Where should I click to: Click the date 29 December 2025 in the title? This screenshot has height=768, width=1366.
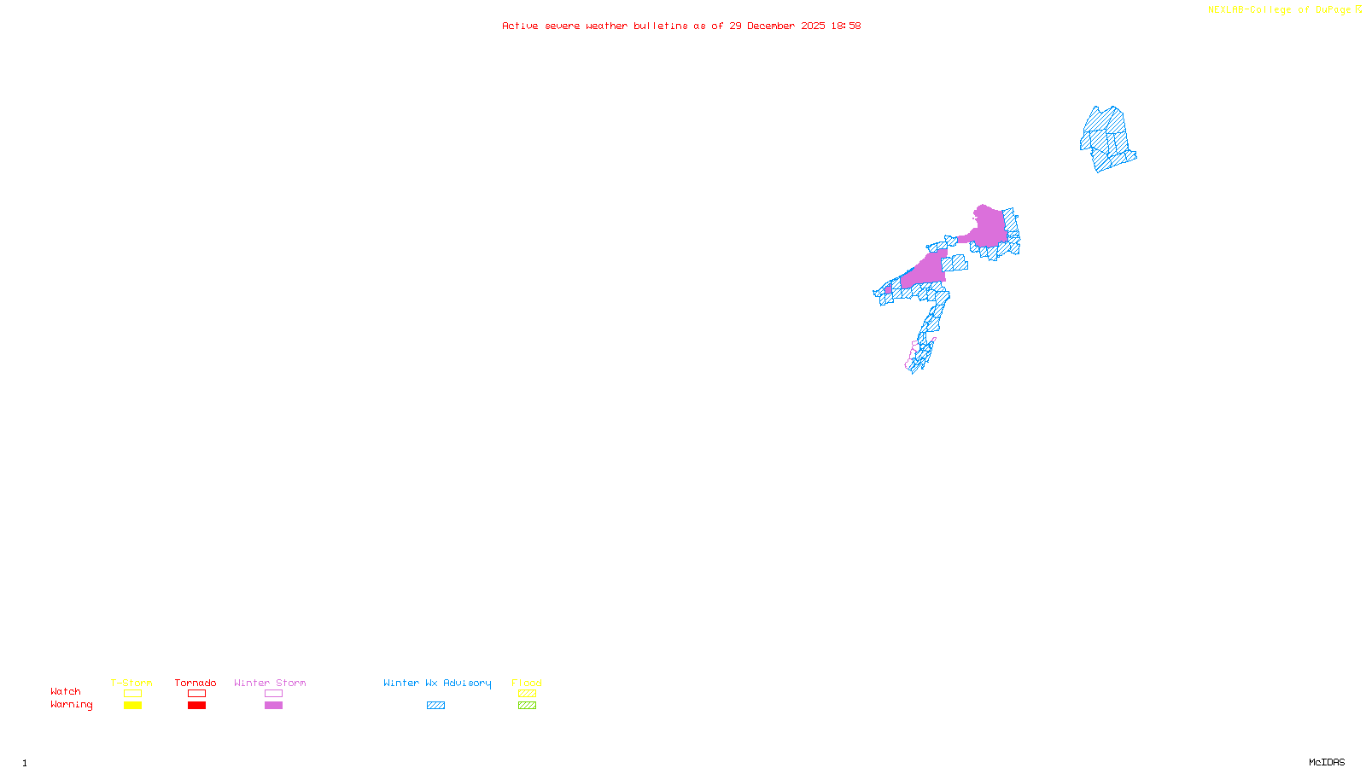coord(777,26)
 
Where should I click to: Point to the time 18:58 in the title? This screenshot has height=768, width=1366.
coord(846,26)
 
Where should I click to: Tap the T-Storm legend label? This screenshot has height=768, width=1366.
coord(131,683)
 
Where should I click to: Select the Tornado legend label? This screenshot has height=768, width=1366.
coord(196,683)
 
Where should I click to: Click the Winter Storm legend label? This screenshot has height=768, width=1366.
coord(270,683)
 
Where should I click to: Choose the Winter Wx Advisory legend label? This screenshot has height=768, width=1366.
coord(437,683)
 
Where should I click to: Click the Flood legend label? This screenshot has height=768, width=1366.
coord(527,683)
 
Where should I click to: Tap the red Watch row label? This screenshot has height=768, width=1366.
coord(66,692)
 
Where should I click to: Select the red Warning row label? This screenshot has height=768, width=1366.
coord(71,705)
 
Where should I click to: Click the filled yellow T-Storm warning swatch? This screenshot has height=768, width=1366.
coord(132,706)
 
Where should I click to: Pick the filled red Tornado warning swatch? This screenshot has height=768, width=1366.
coord(196,706)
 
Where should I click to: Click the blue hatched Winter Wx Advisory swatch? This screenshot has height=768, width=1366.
coord(435,706)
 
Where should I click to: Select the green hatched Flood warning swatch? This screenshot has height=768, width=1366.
coord(527,706)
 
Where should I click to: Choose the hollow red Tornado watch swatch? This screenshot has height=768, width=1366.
coord(196,694)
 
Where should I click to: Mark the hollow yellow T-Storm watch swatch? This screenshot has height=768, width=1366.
coord(132,694)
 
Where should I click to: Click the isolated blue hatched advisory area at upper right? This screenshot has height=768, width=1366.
coord(1107,138)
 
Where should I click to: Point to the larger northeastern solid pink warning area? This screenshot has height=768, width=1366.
coord(989,227)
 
